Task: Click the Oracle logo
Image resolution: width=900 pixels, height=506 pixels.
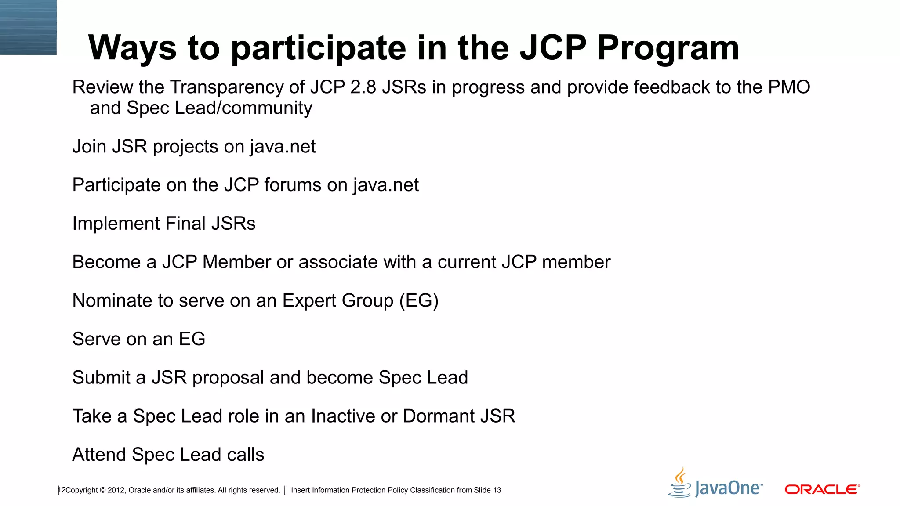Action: (822, 489)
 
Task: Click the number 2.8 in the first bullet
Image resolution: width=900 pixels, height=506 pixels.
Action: (363, 87)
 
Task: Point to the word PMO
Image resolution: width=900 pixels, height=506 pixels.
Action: (789, 87)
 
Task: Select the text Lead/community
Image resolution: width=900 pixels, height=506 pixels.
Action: (243, 108)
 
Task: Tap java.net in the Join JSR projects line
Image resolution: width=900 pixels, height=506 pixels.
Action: (283, 147)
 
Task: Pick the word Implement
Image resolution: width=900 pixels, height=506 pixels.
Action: (116, 224)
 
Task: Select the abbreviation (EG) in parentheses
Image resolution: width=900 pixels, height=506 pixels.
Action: (419, 301)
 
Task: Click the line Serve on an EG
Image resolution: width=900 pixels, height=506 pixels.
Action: (138, 339)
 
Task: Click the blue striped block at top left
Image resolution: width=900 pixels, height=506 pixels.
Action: (28, 27)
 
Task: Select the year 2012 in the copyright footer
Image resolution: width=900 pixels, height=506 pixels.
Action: (116, 490)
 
